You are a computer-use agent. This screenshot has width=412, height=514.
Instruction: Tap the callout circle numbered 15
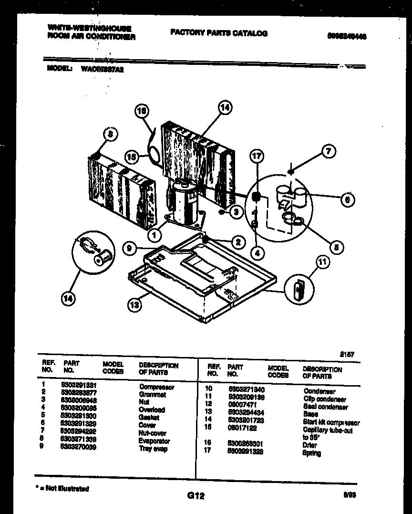coord(132,156)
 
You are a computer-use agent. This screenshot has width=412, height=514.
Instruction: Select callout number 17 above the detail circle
coord(257,157)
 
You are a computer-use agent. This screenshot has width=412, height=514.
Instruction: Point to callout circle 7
coord(329,152)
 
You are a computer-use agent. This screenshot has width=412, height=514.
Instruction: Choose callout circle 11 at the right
coord(323,261)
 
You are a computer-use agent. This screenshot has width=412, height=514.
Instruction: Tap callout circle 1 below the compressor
coord(153,234)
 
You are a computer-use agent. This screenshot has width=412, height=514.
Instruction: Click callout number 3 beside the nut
coord(236,213)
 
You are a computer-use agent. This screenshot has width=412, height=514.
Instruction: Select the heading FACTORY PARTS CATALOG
coord(219,33)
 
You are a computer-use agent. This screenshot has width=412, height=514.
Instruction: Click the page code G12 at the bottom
coord(196,496)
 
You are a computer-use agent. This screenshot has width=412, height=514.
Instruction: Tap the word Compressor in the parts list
coord(156,387)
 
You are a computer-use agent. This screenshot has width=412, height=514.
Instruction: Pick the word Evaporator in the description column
coord(154,441)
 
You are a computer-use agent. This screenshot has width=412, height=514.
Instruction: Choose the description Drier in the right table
coord(309,445)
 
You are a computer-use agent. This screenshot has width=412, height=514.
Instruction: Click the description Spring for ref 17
coord(311,453)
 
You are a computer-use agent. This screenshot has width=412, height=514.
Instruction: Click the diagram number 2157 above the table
coord(347,354)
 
